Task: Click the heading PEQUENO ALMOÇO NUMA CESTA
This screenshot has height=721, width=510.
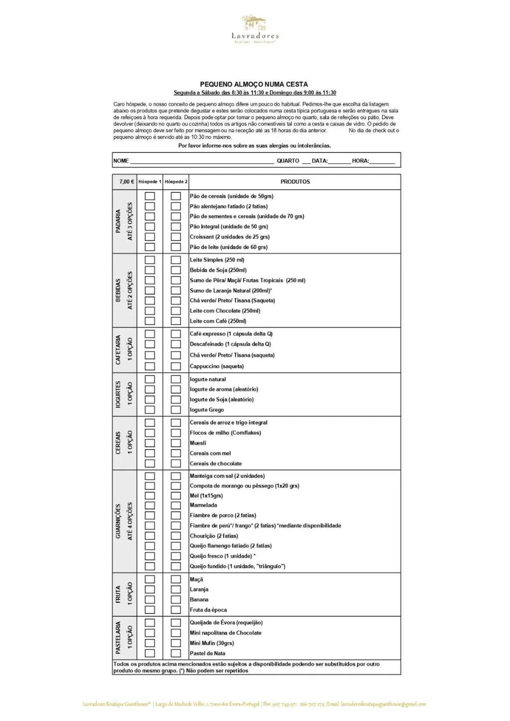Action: coord(254,84)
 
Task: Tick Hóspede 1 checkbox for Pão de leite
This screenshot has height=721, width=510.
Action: coord(150,247)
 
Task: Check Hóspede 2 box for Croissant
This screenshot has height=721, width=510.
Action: coord(176,237)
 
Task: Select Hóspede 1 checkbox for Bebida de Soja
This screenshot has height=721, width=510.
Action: coord(150,270)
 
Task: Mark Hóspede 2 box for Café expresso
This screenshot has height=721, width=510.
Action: coord(176,334)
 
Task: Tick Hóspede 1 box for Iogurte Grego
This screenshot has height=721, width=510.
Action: coord(150,410)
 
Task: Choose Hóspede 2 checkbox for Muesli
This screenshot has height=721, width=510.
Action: coord(176,443)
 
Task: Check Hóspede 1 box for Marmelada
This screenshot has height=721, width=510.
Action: coord(150,505)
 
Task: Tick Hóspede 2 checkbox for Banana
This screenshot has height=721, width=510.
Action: coord(176,600)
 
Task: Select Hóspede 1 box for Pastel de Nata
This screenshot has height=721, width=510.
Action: coord(150,653)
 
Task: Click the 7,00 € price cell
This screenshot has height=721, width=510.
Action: coord(126,182)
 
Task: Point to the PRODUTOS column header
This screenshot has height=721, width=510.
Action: coord(295,182)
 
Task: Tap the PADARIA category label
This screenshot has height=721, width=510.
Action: coord(118,221)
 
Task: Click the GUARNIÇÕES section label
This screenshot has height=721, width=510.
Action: coord(118,521)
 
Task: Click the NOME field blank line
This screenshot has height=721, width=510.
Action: coord(201,161)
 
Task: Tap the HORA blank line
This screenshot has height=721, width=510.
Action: coord(382,161)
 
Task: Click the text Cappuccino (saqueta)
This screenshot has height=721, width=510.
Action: coord(217,366)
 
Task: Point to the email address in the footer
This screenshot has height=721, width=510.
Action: coord(383,704)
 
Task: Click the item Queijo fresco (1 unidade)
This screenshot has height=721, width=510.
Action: coord(221,556)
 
